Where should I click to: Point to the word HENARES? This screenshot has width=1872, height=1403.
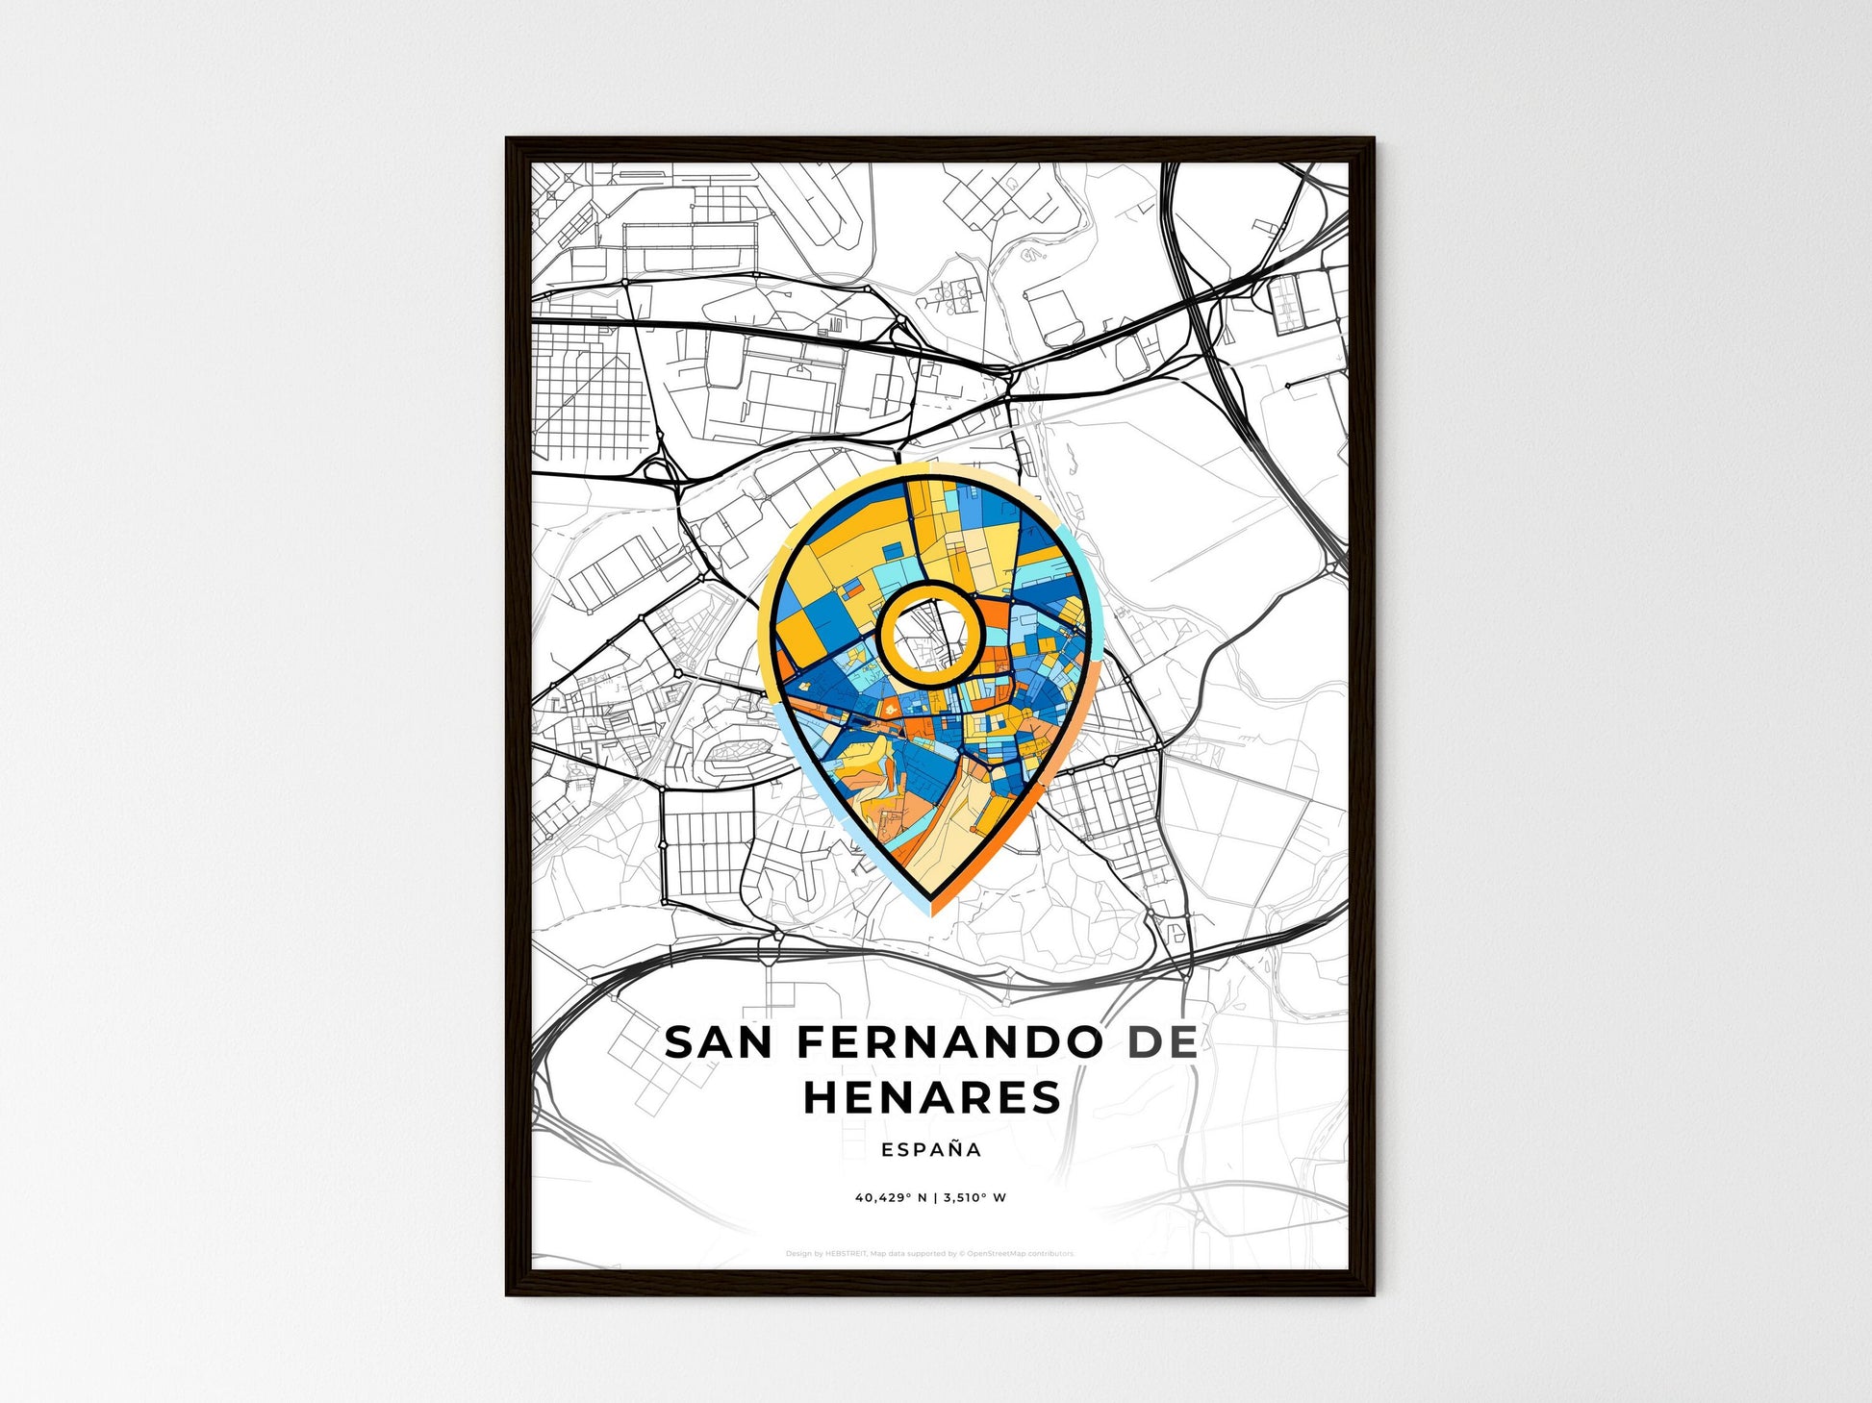931,1097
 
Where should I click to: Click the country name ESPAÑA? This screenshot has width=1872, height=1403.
931,1150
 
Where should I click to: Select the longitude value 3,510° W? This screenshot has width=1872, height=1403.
974,1198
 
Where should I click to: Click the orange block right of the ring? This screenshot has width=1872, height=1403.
997,615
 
